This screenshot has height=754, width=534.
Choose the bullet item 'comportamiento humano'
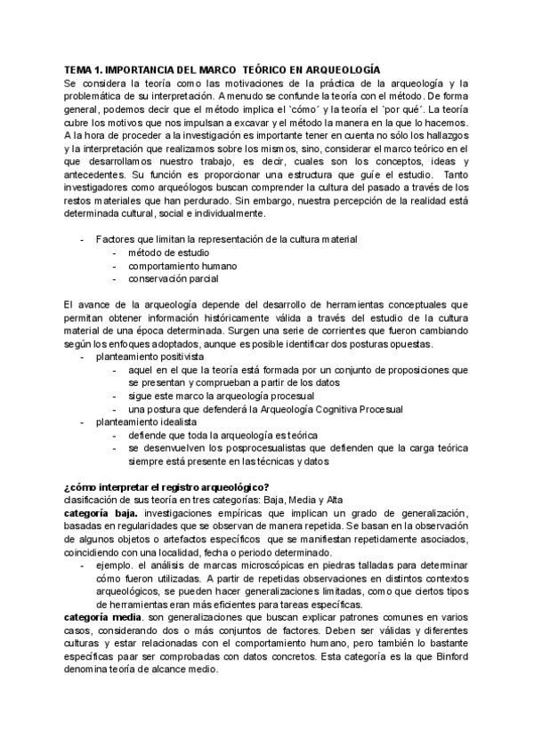(x=182, y=265)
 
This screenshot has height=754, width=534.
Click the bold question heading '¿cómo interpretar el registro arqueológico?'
(x=166, y=486)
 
